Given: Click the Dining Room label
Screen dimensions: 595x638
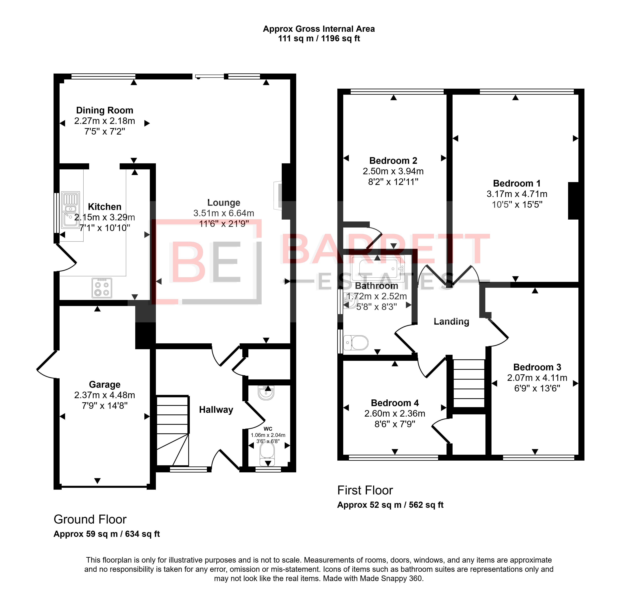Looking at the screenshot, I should [105, 110].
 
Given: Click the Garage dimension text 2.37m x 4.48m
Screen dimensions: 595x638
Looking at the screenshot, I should [105, 395].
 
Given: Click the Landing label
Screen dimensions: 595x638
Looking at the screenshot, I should [451, 322].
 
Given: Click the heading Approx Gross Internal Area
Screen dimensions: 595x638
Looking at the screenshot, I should [319, 29].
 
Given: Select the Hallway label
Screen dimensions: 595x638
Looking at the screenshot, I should [216, 410].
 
